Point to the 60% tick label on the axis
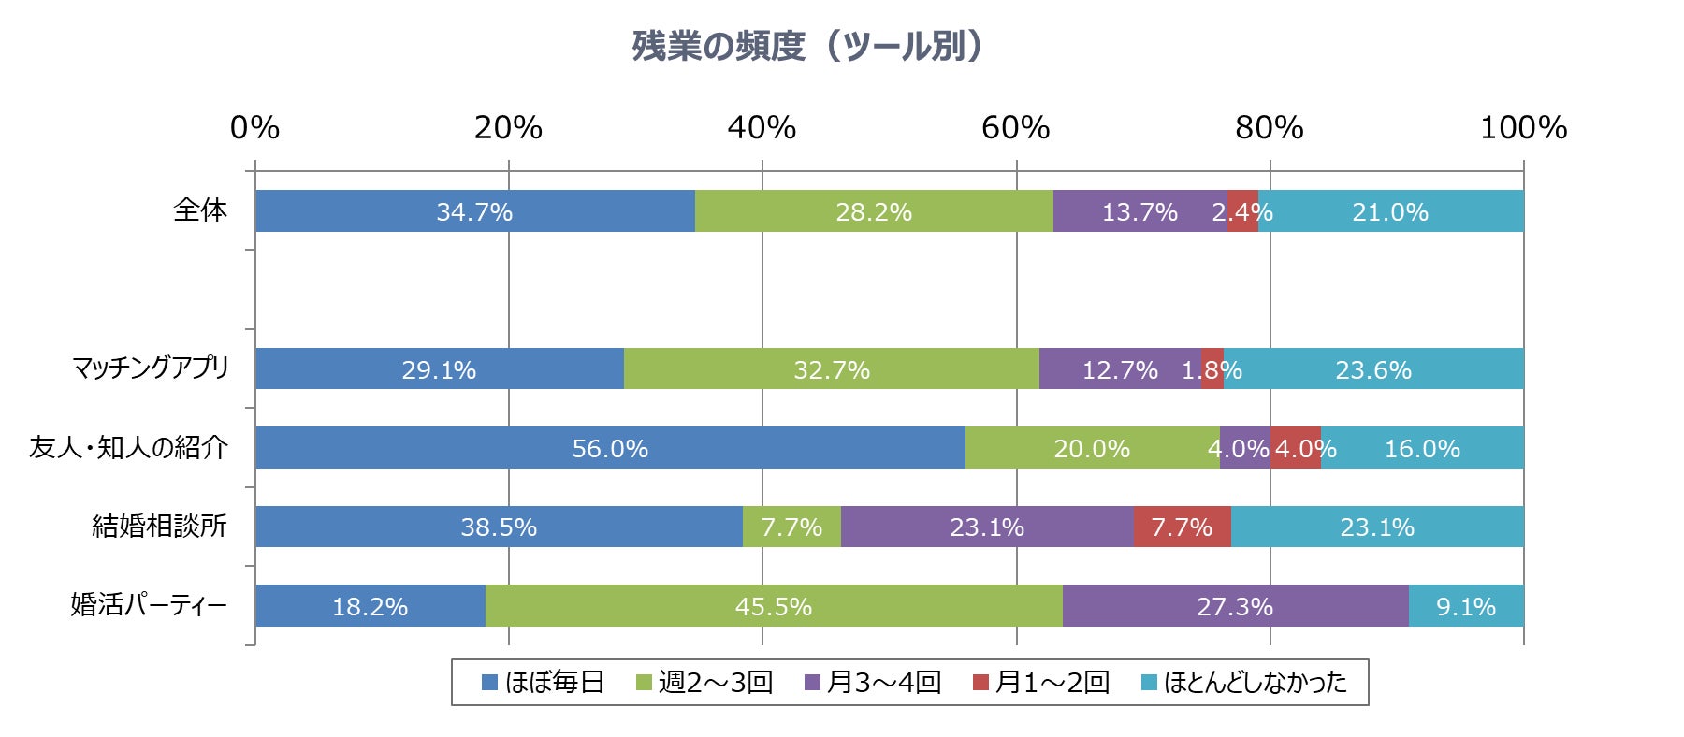tap(1015, 128)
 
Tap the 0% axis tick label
tap(254, 128)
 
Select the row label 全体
tap(200, 210)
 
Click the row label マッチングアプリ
tap(151, 368)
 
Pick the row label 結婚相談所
tap(159, 527)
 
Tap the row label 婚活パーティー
tap(149, 605)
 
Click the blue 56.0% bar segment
tap(610, 448)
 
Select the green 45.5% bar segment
tap(773, 606)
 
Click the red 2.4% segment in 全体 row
tap(1242, 211)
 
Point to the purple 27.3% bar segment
tap(1235, 606)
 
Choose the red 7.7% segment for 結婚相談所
tap(1182, 527)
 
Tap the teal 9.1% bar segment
tap(1466, 606)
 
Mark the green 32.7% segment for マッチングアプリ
tap(831, 369)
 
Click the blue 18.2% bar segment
tap(370, 606)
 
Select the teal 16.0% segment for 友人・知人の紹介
tap(1422, 448)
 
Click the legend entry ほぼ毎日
tap(543, 682)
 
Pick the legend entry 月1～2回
tap(1040, 682)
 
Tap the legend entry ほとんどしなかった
tap(1244, 682)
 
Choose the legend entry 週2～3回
tap(704, 682)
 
